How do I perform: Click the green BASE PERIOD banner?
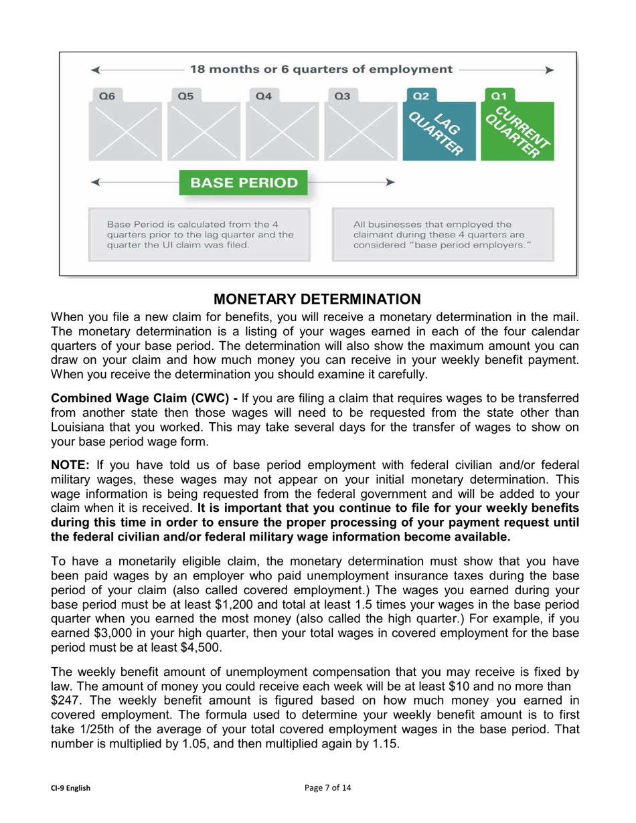(x=244, y=182)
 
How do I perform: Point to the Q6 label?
(x=106, y=96)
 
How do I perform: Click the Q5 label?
(x=185, y=96)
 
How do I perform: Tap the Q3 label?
(x=342, y=96)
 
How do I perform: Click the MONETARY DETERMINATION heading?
(x=318, y=297)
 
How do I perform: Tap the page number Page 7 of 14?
(x=327, y=788)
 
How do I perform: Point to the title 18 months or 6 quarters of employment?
(x=321, y=69)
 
